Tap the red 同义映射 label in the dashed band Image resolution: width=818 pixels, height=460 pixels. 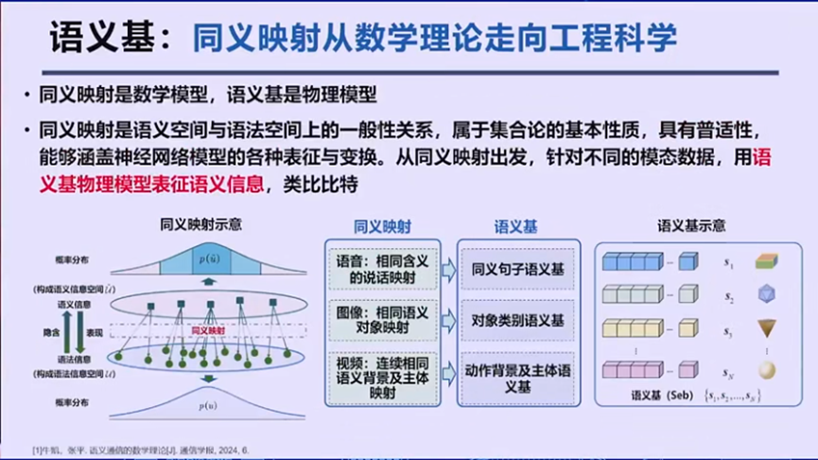tap(208, 330)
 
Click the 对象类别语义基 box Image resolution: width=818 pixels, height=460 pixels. tap(517, 320)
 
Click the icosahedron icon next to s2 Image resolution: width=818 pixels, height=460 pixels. tap(766, 295)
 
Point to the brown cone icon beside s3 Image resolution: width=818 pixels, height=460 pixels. tap(765, 331)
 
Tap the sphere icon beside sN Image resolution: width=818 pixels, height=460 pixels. tap(765, 370)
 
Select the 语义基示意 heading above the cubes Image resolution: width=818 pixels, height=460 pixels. tap(691, 226)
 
